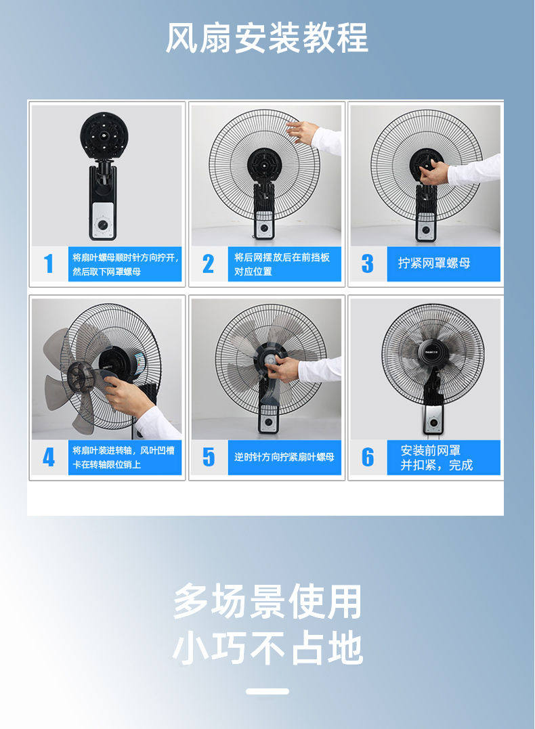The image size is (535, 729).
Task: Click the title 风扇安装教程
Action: tap(267, 38)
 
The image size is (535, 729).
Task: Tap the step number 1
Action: tap(48, 263)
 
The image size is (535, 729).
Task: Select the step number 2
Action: tap(208, 263)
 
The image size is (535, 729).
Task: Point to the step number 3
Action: tap(367, 263)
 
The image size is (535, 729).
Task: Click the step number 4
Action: tap(48, 457)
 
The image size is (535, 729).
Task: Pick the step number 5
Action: tap(209, 457)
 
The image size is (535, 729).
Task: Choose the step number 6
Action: tap(368, 457)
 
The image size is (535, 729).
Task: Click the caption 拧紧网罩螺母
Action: tap(434, 263)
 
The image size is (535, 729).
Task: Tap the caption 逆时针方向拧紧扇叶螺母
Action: tap(284, 457)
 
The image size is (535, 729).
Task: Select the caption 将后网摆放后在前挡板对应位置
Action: tap(282, 264)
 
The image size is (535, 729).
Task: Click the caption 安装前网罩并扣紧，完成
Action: tap(436, 458)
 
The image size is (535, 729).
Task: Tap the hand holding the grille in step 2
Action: tap(303, 131)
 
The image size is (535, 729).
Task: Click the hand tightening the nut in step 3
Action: tap(433, 171)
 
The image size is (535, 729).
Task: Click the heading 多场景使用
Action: tap(267, 602)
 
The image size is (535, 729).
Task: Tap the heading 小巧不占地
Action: tap(267, 648)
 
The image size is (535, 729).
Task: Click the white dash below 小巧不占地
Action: tap(267, 691)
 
